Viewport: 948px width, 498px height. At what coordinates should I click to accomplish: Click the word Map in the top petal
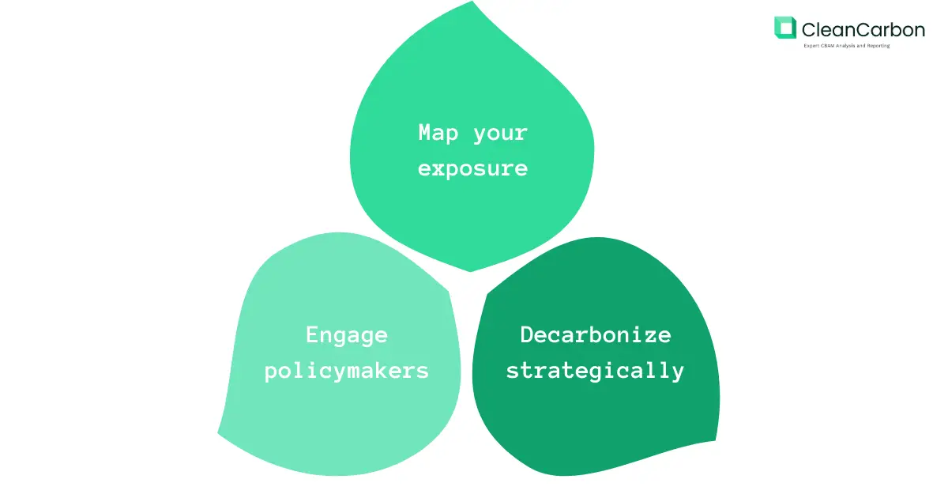[x=438, y=132]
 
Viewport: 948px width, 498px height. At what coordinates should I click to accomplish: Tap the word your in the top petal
[x=500, y=134]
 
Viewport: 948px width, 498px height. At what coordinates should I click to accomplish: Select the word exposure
[x=472, y=168]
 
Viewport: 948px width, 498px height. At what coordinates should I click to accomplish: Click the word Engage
[x=347, y=335]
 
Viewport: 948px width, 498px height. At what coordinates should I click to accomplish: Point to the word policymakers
[x=347, y=370]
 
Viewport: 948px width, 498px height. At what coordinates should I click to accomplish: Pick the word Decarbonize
[x=595, y=334]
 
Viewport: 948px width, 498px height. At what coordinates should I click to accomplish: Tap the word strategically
[x=595, y=370]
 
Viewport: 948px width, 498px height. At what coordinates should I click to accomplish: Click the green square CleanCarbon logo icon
[x=785, y=28]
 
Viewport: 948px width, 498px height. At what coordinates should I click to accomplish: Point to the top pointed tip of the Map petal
[x=472, y=2]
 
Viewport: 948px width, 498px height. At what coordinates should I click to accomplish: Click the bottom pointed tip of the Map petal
[x=472, y=271]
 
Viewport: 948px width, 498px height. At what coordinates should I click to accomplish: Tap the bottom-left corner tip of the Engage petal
[x=219, y=432]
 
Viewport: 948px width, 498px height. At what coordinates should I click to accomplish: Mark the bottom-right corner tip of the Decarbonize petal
[x=717, y=440]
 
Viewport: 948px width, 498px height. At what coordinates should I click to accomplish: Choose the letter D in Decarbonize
[x=526, y=334]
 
